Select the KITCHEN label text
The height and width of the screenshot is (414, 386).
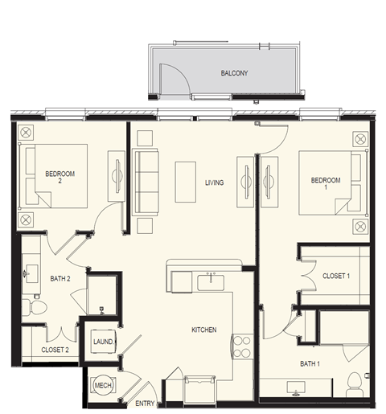point(203,330)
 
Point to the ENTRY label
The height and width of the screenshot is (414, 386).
point(146,404)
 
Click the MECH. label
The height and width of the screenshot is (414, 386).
point(102,384)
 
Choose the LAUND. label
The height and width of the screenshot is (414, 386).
point(103,342)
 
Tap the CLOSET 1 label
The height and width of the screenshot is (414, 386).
point(335,276)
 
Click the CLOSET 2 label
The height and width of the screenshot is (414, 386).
point(54,350)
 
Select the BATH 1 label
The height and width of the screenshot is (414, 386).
point(311,363)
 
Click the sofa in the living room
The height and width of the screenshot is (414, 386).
point(146,182)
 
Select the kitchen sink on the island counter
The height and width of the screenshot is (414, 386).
point(211,281)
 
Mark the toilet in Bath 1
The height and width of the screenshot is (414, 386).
point(355,386)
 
